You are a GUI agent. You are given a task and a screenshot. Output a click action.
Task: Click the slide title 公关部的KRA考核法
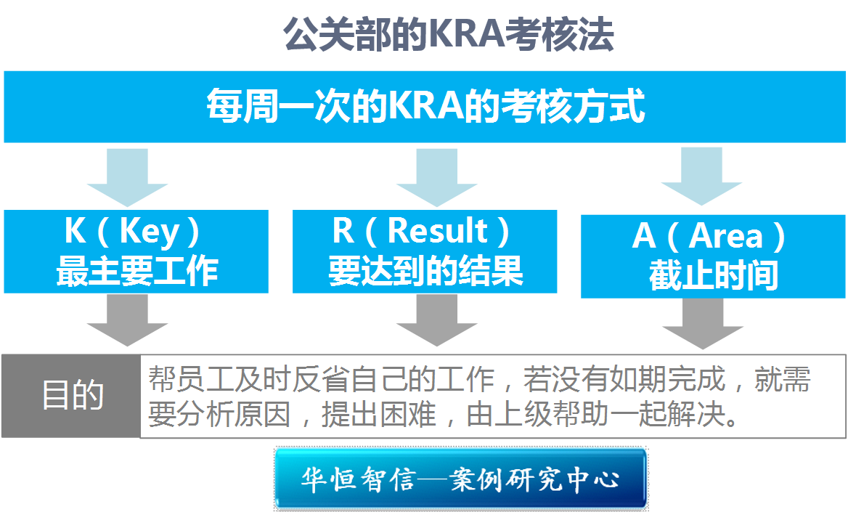pos(448,34)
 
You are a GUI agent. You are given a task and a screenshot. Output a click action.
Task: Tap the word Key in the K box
pos(150,232)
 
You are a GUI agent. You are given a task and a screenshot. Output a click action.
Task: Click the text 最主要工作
pos(137,270)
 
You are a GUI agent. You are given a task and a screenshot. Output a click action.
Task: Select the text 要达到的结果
pos(425,270)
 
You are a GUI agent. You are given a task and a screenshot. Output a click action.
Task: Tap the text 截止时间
pos(714,276)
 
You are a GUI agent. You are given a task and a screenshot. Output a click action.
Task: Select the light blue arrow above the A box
pos(702,175)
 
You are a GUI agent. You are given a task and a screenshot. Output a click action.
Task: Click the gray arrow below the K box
pos(127,320)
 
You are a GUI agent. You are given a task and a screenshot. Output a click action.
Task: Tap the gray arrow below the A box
pos(702,323)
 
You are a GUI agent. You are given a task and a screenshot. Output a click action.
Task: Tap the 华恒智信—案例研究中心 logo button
pos(460,479)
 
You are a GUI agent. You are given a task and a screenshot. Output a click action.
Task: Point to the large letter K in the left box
pos(76,232)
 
